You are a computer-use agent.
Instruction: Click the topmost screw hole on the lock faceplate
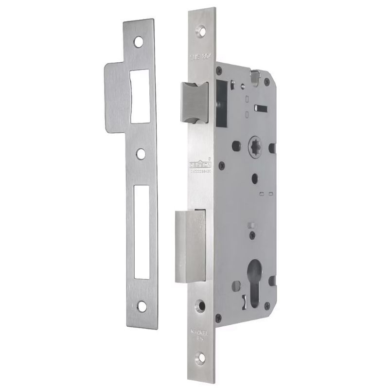pos(200,32)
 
